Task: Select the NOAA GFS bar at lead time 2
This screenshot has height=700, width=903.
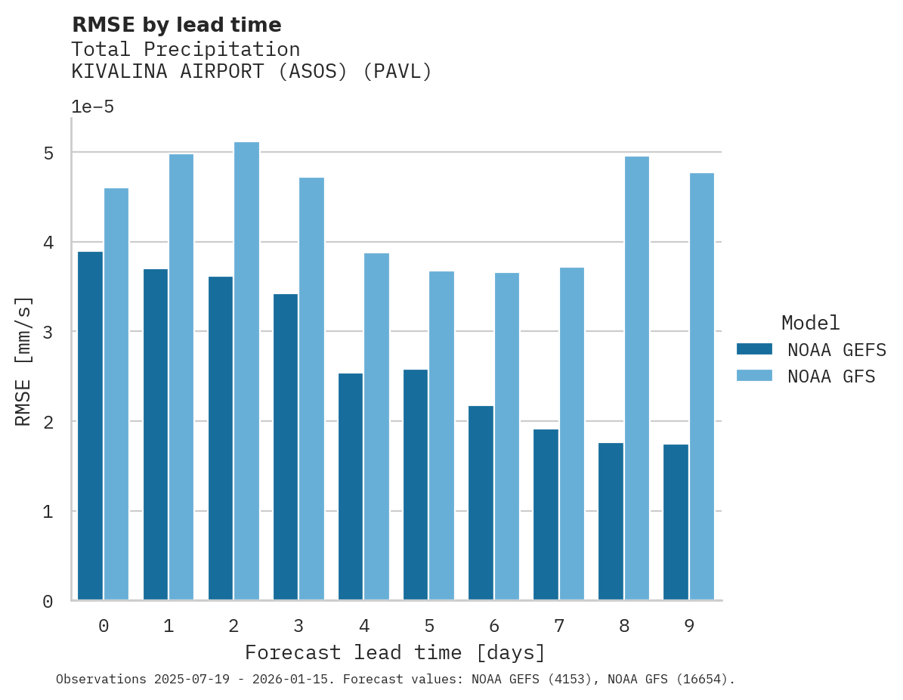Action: pyautogui.click(x=246, y=371)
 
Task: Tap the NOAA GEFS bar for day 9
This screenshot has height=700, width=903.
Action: pyautogui.click(x=676, y=522)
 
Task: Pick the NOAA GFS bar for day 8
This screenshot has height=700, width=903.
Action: pyautogui.click(x=636, y=378)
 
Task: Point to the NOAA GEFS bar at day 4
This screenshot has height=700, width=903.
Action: pyautogui.click(x=351, y=487)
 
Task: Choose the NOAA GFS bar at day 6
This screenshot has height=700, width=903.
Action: pyautogui.click(x=506, y=436)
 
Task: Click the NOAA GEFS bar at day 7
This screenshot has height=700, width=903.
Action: pyautogui.click(x=546, y=515)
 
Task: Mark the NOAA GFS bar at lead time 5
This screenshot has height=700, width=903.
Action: pyautogui.click(x=441, y=435)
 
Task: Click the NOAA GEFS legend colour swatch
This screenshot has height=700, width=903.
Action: pyautogui.click(x=754, y=349)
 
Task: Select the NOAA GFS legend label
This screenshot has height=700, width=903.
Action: pyautogui.click(x=831, y=376)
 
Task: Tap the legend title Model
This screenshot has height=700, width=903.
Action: pyautogui.click(x=810, y=324)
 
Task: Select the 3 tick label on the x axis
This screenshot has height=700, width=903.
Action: pyautogui.click(x=298, y=626)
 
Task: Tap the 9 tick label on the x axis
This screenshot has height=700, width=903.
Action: pyautogui.click(x=688, y=626)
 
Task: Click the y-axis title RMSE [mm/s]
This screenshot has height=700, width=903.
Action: pyautogui.click(x=24, y=361)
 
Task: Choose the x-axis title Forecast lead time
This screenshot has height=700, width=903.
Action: pyautogui.click(x=394, y=652)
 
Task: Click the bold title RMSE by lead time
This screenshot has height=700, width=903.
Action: pyautogui.click(x=176, y=25)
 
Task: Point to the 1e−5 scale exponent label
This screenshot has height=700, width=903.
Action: pyautogui.click(x=92, y=107)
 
